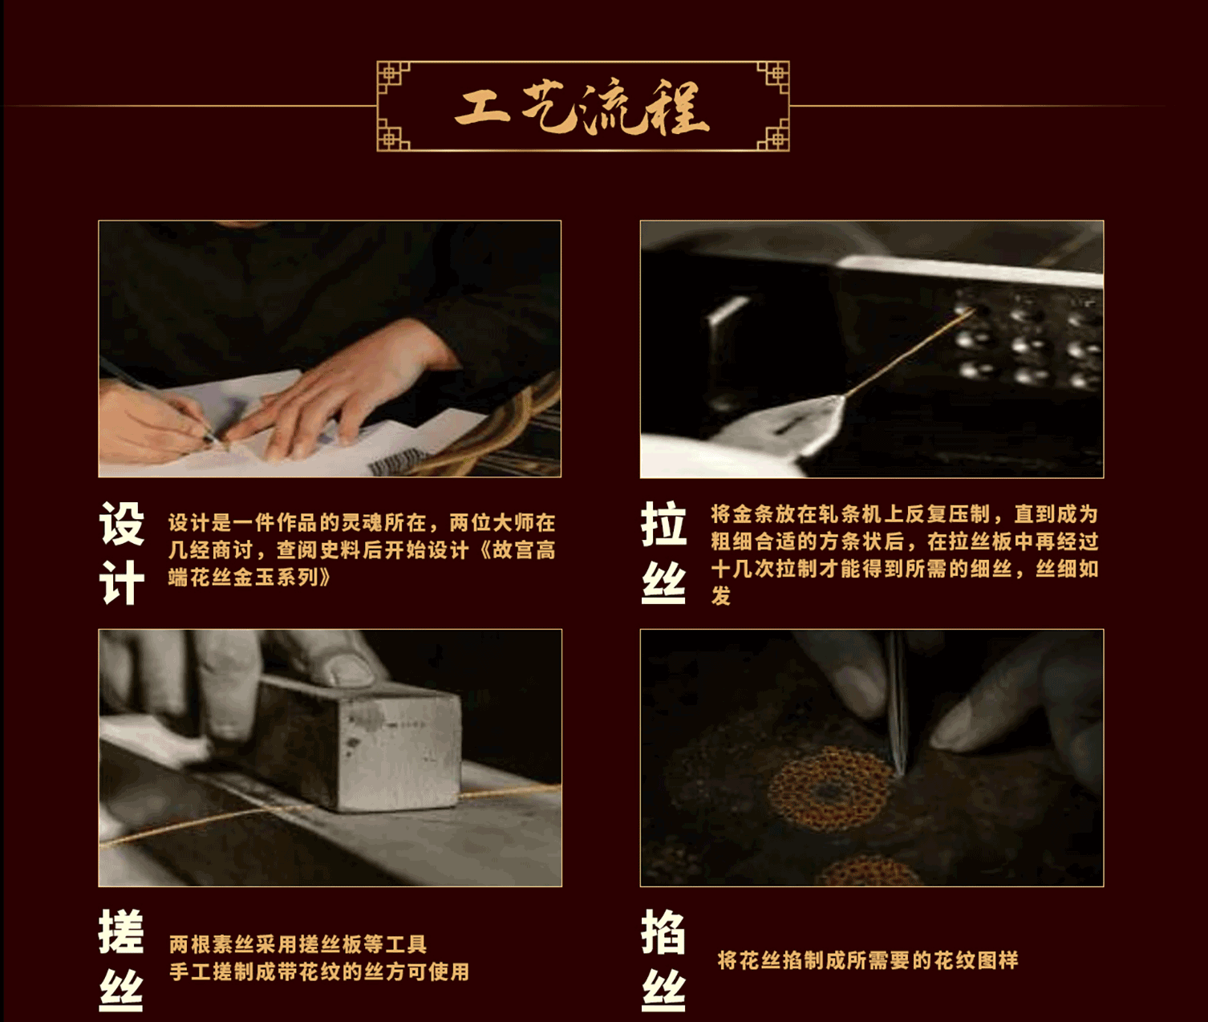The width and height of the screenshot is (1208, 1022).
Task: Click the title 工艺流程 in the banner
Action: click(x=582, y=107)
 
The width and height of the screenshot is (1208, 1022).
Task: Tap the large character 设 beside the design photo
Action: click(x=122, y=524)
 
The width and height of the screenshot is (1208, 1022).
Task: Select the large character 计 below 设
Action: click(x=122, y=582)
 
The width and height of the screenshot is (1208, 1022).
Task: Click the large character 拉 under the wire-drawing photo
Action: click(x=663, y=524)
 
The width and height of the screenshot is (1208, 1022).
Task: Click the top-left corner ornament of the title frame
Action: click(x=393, y=77)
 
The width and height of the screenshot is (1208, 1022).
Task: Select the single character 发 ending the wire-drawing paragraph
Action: click(x=721, y=596)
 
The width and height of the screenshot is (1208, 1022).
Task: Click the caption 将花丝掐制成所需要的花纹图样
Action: click(x=868, y=960)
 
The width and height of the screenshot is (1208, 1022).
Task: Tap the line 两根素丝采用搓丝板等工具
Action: click(x=298, y=944)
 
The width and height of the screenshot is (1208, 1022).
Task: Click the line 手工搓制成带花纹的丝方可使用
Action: click(x=319, y=971)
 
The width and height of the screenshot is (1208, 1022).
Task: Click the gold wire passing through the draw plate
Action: click(x=908, y=353)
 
